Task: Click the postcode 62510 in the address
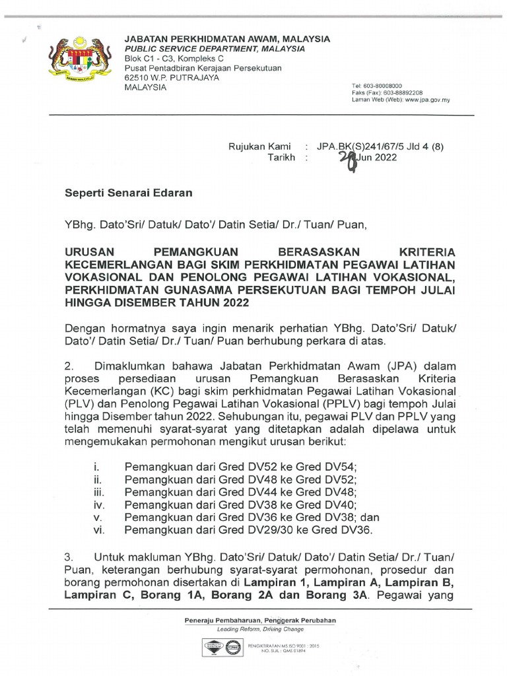pyautogui.click(x=139, y=78)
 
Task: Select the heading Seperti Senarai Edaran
pyautogui.click(x=128, y=193)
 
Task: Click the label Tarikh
pyautogui.click(x=280, y=158)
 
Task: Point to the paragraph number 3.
pyautogui.click(x=68, y=558)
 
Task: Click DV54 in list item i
pyautogui.click(x=342, y=467)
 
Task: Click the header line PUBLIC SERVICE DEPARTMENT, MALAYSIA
pyautogui.click(x=215, y=49)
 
